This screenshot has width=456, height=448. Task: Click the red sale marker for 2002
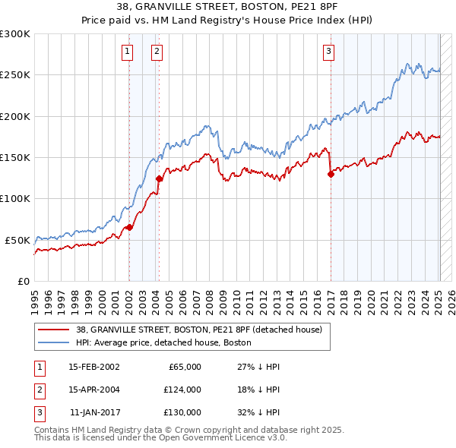coord(130,226)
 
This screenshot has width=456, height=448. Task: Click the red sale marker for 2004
coord(159,179)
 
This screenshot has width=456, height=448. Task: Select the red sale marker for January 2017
coord(331,174)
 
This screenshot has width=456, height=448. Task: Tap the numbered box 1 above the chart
coord(126,52)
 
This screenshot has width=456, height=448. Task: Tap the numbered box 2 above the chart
coord(156,52)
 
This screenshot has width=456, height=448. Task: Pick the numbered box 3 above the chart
coord(328,52)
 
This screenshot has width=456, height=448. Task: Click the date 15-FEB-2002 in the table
coord(93,367)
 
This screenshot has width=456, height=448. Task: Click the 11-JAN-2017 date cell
coord(93,412)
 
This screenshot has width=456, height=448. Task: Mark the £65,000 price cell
coord(184,367)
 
